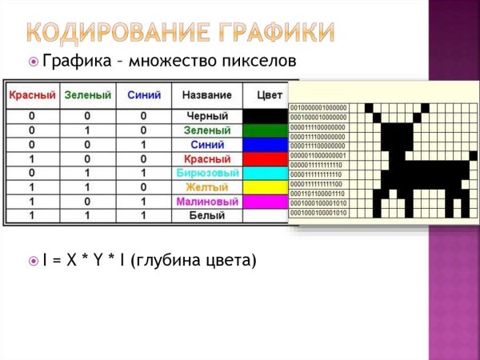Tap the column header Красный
point(32,95)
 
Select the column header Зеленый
point(87,95)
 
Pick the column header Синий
point(143,95)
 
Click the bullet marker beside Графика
point(33,61)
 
